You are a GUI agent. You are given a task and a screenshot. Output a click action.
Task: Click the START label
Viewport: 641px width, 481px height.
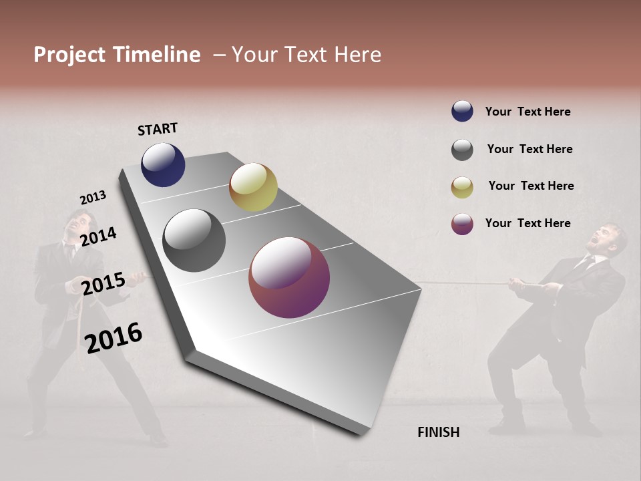(158, 129)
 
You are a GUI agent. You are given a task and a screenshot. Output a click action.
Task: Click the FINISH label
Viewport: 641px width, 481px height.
(438, 432)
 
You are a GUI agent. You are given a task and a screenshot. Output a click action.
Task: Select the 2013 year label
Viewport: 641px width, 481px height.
(93, 198)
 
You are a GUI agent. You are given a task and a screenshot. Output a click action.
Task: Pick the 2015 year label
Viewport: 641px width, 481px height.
(103, 283)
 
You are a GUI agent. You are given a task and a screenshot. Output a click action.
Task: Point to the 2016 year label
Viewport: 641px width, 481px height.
(114, 337)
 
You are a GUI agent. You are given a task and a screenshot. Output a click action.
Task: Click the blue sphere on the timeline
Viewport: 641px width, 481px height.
(163, 164)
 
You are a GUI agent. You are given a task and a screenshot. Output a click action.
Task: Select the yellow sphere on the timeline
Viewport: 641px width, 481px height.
(253, 187)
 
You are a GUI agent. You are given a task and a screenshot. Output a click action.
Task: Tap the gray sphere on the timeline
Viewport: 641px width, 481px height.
(194, 240)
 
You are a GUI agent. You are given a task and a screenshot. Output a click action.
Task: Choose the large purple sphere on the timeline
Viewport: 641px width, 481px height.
(289, 277)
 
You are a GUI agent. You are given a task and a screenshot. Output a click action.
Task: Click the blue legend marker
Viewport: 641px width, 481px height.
(462, 112)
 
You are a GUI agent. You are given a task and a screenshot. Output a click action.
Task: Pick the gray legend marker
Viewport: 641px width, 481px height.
(462, 150)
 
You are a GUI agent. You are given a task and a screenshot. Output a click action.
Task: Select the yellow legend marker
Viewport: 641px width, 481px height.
(462, 187)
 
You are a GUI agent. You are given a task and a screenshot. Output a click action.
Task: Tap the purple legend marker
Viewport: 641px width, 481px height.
(462, 224)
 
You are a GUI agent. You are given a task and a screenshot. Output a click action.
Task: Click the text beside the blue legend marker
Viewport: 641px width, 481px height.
(527, 112)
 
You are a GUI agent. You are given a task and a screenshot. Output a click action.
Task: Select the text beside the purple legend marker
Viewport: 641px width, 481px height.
(527, 223)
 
